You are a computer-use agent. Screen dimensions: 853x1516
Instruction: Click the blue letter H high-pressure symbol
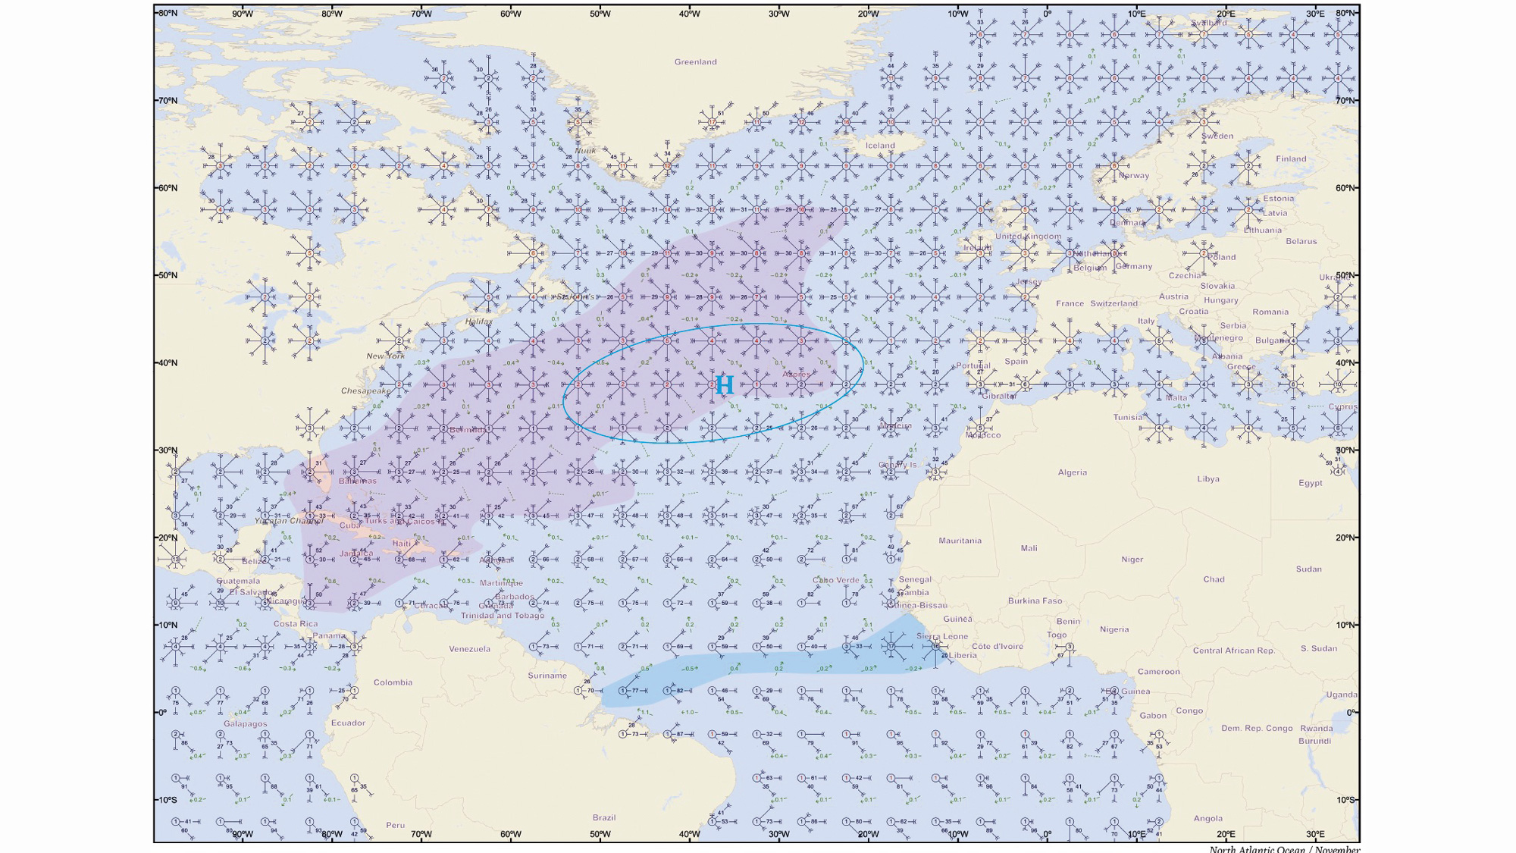[x=725, y=385]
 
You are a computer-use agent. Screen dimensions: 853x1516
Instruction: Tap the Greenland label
[x=695, y=62]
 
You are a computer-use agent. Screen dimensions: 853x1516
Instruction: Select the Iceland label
[x=880, y=146]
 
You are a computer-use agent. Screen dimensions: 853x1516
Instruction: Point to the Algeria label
[x=1072, y=472]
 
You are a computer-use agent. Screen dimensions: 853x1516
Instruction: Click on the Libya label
[x=1208, y=479]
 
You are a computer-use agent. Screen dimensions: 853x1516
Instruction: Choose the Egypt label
[x=1310, y=483]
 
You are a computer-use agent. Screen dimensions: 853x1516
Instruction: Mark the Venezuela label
[x=469, y=649]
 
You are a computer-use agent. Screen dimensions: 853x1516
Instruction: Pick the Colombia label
[x=393, y=682]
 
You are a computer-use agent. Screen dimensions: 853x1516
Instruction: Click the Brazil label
[x=604, y=817]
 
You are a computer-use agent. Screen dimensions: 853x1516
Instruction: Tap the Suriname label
[x=547, y=676]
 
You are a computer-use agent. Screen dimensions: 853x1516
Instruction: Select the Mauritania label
[x=960, y=541]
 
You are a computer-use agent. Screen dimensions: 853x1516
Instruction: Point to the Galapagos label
[x=245, y=724]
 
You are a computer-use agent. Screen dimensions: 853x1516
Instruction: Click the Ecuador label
[x=348, y=723]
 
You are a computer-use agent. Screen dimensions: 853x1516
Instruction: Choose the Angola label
[x=1207, y=819]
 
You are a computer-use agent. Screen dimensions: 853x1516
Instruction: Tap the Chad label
[x=1214, y=579]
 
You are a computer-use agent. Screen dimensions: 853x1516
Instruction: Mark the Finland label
[x=1291, y=159]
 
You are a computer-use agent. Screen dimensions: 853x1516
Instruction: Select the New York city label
[x=386, y=356]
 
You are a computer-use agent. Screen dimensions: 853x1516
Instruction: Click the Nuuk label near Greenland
[x=585, y=151]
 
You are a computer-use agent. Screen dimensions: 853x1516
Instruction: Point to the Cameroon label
[x=1158, y=672]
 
